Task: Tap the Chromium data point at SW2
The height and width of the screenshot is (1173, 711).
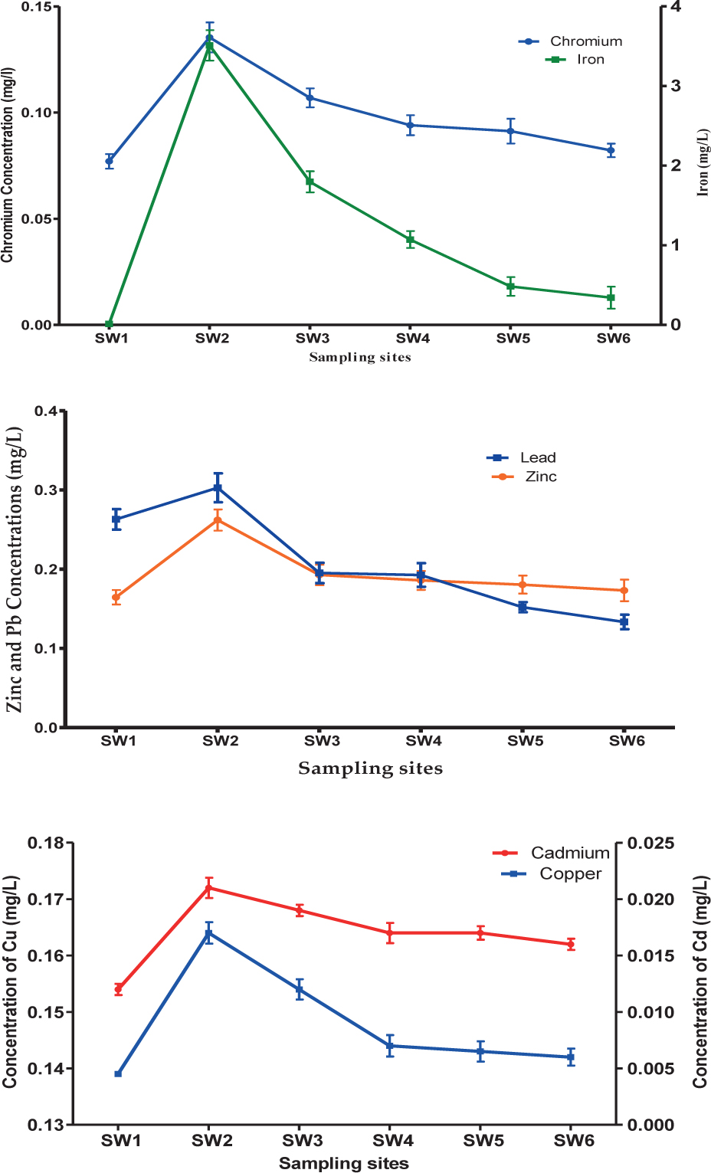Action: (209, 37)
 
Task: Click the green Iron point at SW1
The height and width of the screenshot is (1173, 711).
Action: (110, 324)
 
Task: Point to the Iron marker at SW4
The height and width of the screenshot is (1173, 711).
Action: (410, 240)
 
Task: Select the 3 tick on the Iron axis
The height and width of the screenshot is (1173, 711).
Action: (676, 86)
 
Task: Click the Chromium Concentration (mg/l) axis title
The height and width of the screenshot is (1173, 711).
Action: (8, 165)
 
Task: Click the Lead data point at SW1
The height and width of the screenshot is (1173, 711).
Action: (116, 519)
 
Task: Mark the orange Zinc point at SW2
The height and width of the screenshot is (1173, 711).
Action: (218, 520)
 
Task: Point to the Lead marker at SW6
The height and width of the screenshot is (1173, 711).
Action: (624, 622)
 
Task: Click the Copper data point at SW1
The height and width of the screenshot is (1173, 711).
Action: (118, 1073)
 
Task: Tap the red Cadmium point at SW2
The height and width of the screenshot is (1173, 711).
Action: (208, 888)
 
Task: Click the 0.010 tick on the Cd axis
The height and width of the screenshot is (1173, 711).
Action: (650, 1012)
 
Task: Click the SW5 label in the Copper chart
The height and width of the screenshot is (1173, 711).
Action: (483, 1141)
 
